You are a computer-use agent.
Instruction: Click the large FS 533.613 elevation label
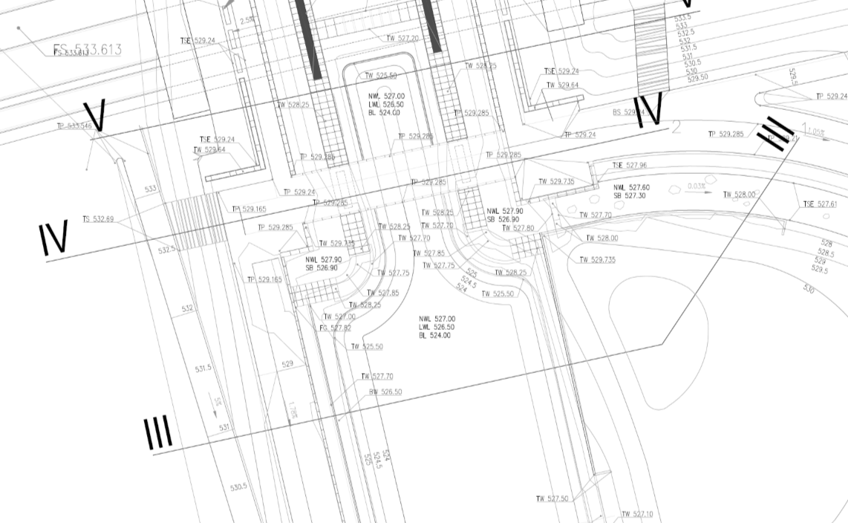[88, 50]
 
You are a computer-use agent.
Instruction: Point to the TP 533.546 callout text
[74, 126]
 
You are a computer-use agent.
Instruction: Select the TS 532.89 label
[98, 219]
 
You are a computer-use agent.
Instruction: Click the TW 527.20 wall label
[402, 39]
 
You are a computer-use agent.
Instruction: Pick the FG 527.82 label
[335, 328]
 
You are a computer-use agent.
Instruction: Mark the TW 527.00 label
[339, 317]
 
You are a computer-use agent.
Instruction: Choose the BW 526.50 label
[385, 392]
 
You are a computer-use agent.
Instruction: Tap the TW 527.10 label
[637, 515]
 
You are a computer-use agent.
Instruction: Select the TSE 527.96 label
[629, 166]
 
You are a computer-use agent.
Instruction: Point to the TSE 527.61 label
[820, 204]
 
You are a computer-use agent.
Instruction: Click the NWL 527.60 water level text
[631, 188]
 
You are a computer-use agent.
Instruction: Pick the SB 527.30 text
[629, 196]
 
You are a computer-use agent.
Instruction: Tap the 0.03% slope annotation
[697, 186]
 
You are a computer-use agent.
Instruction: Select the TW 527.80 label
[518, 228]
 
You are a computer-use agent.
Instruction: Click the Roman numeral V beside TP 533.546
[94, 116]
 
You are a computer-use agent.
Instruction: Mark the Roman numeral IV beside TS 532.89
[53, 237]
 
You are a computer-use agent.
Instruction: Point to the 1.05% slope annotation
[815, 132]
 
